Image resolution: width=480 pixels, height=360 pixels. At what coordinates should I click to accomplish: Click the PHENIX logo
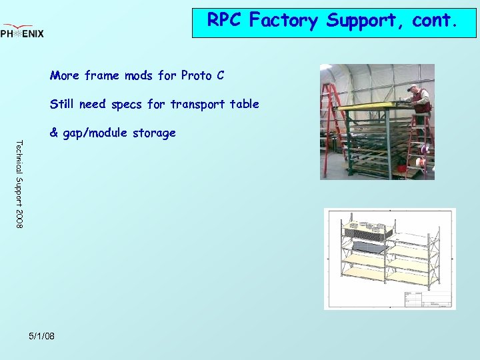pyautogui.click(x=22, y=31)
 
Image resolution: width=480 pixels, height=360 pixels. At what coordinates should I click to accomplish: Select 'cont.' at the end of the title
pyautogui.click(x=435, y=21)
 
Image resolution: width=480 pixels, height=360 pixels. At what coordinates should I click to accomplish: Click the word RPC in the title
pyautogui.click(x=225, y=21)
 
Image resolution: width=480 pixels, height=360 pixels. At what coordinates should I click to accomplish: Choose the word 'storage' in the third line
pyautogui.click(x=153, y=133)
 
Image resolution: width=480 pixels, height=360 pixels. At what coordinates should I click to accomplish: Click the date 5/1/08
pyautogui.click(x=42, y=335)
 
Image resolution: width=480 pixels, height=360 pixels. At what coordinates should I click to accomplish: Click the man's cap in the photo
pyautogui.click(x=413, y=87)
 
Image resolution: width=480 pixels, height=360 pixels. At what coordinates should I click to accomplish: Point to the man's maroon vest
pyautogui.click(x=420, y=101)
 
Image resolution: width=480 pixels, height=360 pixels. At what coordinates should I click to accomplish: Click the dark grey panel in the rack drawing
pyautogui.click(x=371, y=247)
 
